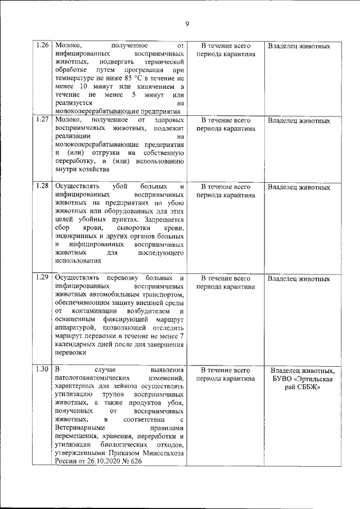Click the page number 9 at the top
pos(187,23)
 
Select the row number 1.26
pos(42,45)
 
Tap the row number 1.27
pos(42,120)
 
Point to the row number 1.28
pos(42,186)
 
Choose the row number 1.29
pos(42,278)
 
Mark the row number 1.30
pos(42,370)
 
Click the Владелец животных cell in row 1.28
pos(299,187)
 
